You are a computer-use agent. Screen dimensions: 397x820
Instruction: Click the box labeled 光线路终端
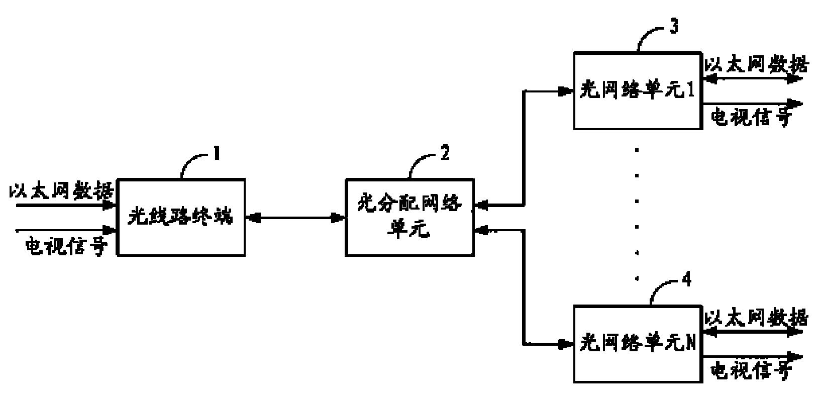tap(181, 217)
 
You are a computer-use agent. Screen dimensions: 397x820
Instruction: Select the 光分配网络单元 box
tap(409, 217)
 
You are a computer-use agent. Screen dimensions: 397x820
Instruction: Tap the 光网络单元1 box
tap(638, 90)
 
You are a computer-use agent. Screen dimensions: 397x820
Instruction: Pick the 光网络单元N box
tap(638, 344)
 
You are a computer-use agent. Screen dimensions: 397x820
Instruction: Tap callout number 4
tap(686, 279)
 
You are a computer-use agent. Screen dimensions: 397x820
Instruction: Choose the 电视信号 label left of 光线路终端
tap(66, 246)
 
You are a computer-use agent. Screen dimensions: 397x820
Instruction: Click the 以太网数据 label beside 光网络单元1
tap(756, 65)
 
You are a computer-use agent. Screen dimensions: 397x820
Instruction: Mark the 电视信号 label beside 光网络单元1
tap(752, 118)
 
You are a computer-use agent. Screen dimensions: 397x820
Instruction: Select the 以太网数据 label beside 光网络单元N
tap(756, 318)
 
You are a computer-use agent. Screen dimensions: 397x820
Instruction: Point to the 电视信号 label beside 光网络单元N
tap(752, 371)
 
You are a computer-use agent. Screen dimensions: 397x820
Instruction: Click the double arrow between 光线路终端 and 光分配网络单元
tap(295, 218)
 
